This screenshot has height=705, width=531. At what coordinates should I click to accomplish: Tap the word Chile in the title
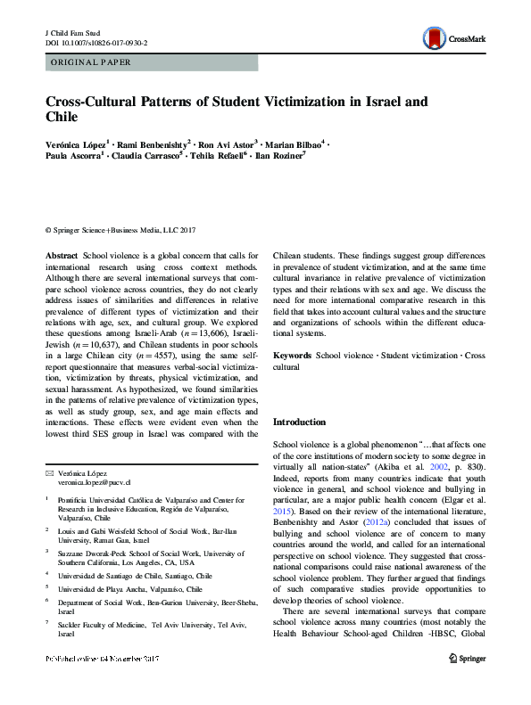pos(62,116)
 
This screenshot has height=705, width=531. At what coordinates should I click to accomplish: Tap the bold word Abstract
pos(62,256)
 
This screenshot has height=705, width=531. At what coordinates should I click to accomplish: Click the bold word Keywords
pos(293,356)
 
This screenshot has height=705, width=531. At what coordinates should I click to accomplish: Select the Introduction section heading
pos(299,422)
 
